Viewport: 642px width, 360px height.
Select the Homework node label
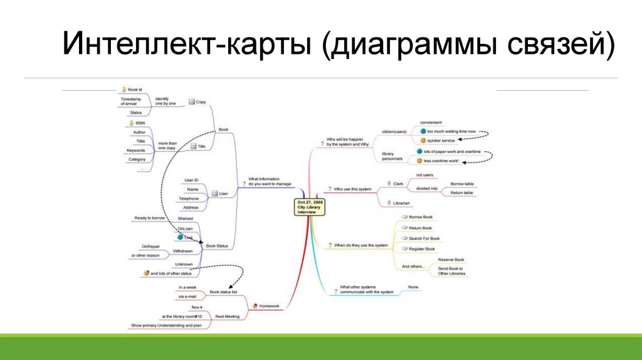click(269, 306)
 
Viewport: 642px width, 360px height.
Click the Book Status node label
click(217, 246)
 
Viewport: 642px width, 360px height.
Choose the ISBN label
click(140, 124)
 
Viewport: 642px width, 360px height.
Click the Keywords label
click(135, 151)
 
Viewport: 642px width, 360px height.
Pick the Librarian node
click(401, 203)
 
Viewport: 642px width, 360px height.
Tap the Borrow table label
click(461, 184)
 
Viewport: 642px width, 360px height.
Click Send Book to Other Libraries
click(451, 271)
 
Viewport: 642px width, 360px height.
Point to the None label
click(413, 287)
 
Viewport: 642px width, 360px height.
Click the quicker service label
click(441, 140)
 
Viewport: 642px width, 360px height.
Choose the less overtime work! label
click(441, 161)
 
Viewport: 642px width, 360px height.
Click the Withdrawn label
click(182, 251)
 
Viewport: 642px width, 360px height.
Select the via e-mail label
click(187, 296)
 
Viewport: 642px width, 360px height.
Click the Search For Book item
click(424, 238)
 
